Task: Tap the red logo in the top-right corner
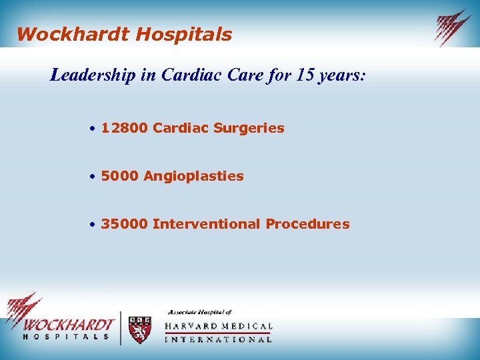click(x=453, y=27)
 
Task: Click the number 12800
click(x=125, y=128)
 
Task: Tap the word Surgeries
click(x=249, y=128)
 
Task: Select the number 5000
click(x=120, y=176)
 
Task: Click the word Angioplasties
click(x=193, y=176)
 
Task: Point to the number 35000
click(x=125, y=224)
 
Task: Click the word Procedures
click(x=307, y=224)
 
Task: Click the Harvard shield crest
click(x=139, y=329)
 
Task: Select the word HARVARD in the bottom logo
click(x=194, y=327)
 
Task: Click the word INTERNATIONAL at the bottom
click(x=218, y=339)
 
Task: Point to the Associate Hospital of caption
click(x=199, y=312)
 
